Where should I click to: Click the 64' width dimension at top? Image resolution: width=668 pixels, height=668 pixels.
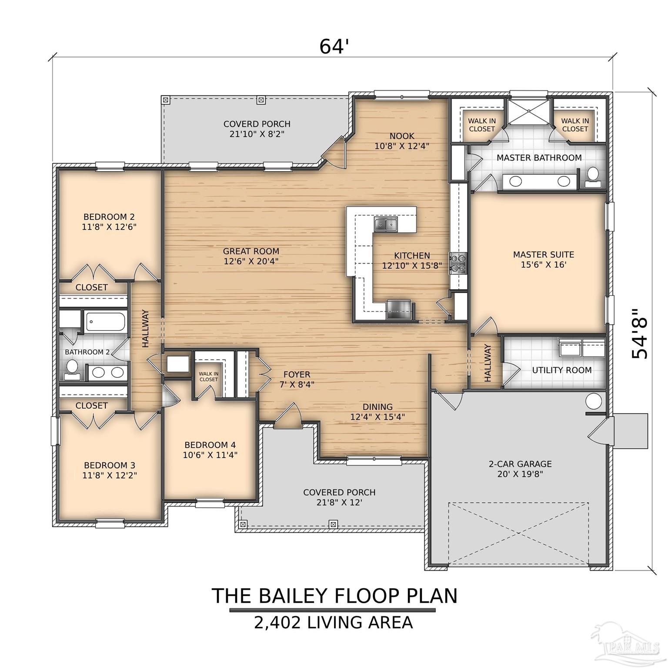pos(334,46)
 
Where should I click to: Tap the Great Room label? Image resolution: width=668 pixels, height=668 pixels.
pos(251,251)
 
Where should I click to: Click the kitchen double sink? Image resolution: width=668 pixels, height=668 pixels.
pos(386,224)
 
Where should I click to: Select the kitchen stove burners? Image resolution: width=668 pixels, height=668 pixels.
pos(458,263)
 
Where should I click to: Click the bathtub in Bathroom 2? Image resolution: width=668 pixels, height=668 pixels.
pos(106,322)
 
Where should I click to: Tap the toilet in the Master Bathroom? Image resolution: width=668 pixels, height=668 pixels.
pos(592,177)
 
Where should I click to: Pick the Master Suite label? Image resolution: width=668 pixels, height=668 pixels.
pos(543,254)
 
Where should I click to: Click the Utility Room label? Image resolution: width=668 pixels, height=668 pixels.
pos(561,370)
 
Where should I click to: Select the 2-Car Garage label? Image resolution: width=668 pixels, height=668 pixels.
pos(520,464)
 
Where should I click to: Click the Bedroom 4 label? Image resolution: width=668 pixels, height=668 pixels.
pos(210,445)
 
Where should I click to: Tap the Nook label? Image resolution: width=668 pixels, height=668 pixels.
pos(402,136)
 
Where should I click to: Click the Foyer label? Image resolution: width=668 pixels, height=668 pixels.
pos(297,374)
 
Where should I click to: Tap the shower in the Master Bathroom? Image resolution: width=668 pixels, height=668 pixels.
pos(528,112)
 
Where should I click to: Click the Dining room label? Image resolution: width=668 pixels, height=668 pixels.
pos(377,407)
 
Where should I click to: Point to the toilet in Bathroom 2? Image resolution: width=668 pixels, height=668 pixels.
pos(71,368)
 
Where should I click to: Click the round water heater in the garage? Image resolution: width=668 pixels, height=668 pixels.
pos(594,400)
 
